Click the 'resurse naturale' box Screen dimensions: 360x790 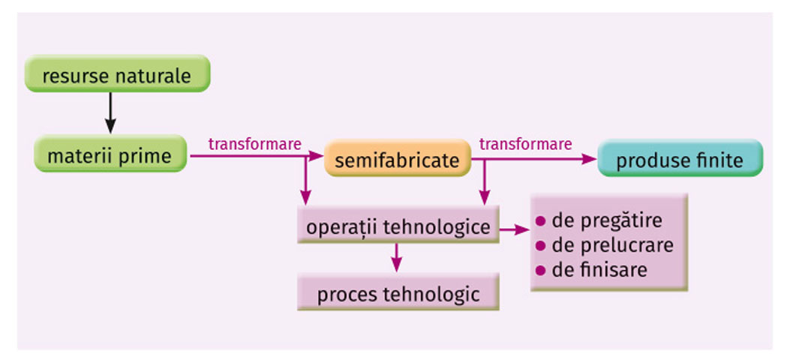tap(116, 76)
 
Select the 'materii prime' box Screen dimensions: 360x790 tap(110, 156)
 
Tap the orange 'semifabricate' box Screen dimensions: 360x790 tap(396, 160)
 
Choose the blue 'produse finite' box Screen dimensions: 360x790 tap(680, 160)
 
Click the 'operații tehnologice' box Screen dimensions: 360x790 tap(398, 226)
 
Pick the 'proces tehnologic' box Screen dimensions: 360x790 tap(398, 293)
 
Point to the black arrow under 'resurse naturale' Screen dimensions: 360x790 tap(110, 112)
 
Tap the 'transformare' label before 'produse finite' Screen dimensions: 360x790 tap(525, 144)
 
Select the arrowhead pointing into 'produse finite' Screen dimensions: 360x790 tap(590, 158)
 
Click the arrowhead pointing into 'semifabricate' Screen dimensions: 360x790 tap(316, 157)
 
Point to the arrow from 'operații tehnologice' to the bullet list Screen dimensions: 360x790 tap(515, 228)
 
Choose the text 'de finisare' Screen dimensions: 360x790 tap(599, 269)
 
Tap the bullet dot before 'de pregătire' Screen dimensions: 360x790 tap(539, 222)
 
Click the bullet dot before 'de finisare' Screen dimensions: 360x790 tap(539, 270)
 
